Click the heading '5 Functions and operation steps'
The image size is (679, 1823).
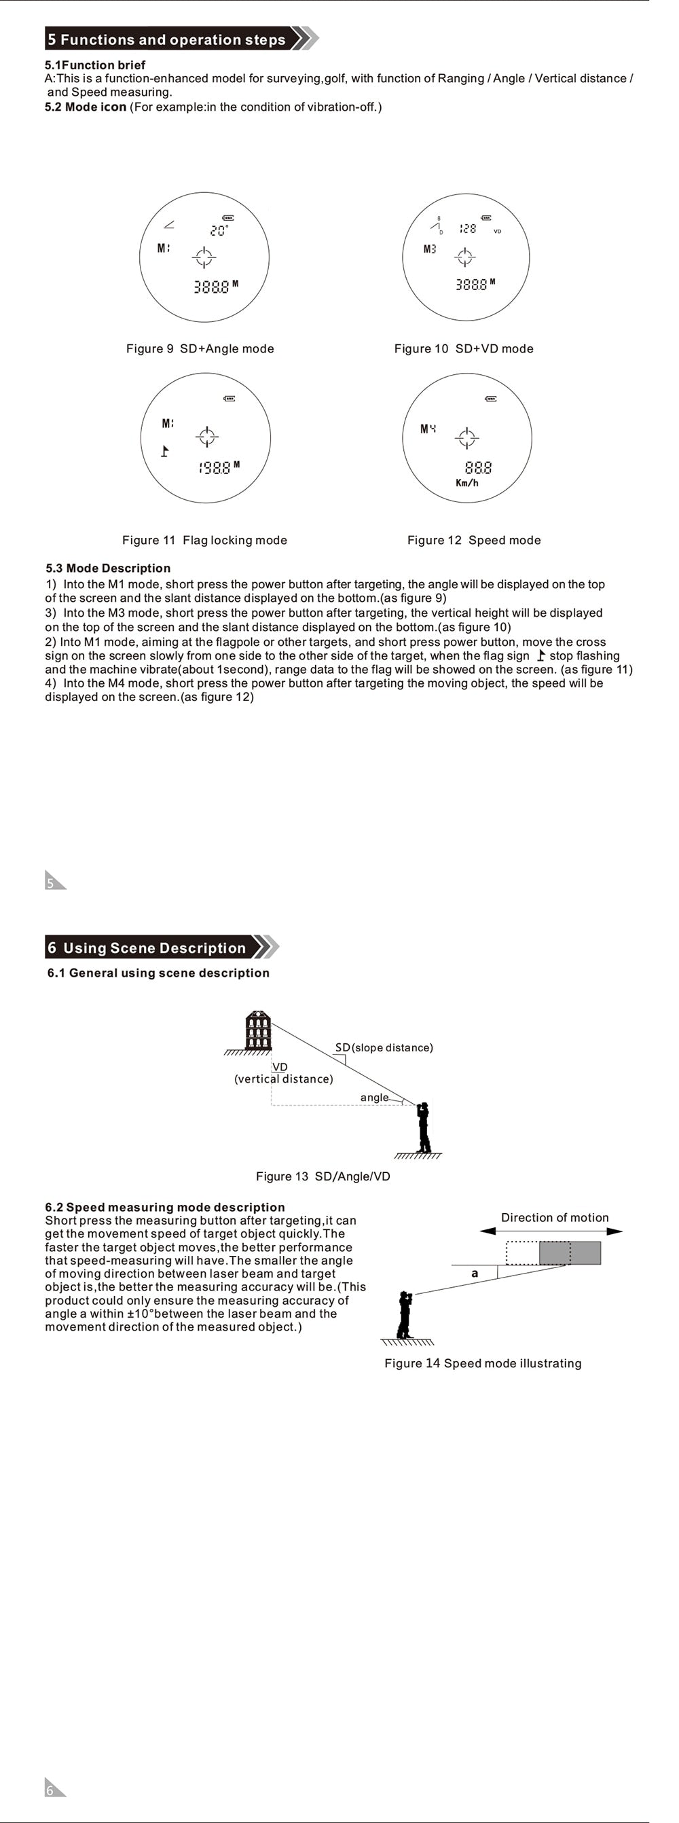[x=167, y=39]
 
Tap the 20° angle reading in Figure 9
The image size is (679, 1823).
[x=219, y=231]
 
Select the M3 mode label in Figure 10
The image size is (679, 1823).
[x=429, y=249]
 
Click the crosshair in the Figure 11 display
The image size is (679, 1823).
[x=206, y=437]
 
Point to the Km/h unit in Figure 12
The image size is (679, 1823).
[x=467, y=483]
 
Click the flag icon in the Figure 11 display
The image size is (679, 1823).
[x=165, y=451]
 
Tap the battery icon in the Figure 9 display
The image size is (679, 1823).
[x=227, y=218]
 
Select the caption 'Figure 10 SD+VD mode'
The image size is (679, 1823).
[x=463, y=348]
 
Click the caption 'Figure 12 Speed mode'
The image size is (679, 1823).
[x=473, y=540]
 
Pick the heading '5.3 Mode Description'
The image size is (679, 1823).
[x=108, y=568]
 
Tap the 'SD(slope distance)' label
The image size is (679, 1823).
[x=384, y=1047]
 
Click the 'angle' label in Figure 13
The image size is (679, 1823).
[x=374, y=1097]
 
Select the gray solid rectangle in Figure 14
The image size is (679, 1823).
[x=570, y=1252]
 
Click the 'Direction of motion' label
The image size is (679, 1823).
[x=555, y=1217]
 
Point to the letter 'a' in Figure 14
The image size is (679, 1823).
[x=475, y=1273]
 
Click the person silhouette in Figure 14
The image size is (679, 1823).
[x=404, y=1315]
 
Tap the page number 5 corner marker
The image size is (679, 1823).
[x=53, y=881]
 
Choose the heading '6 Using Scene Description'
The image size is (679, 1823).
[x=147, y=947]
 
